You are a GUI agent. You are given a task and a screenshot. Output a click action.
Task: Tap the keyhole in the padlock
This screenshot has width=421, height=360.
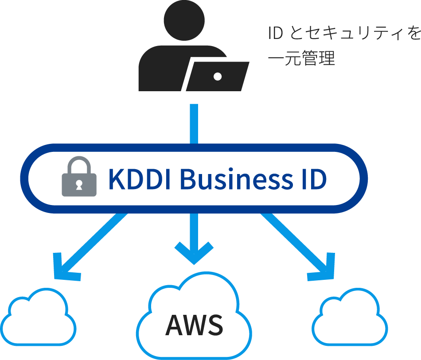[78, 185]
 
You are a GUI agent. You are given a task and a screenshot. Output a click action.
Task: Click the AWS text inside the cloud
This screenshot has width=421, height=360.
[194, 325]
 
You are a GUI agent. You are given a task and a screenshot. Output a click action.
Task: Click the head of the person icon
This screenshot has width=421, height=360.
[184, 20]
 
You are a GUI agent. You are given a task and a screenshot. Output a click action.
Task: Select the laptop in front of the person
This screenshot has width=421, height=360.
[217, 76]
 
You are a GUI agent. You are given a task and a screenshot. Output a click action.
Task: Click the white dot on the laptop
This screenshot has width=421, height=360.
[217, 76]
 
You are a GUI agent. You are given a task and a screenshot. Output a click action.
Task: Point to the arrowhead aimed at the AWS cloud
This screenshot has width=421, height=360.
[194, 252]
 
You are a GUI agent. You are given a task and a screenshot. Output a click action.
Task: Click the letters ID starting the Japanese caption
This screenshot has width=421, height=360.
[276, 34]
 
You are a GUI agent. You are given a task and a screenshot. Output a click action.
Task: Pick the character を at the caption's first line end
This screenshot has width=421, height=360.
[413, 34]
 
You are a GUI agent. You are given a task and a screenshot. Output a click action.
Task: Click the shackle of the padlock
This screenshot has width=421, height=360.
[78, 163]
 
